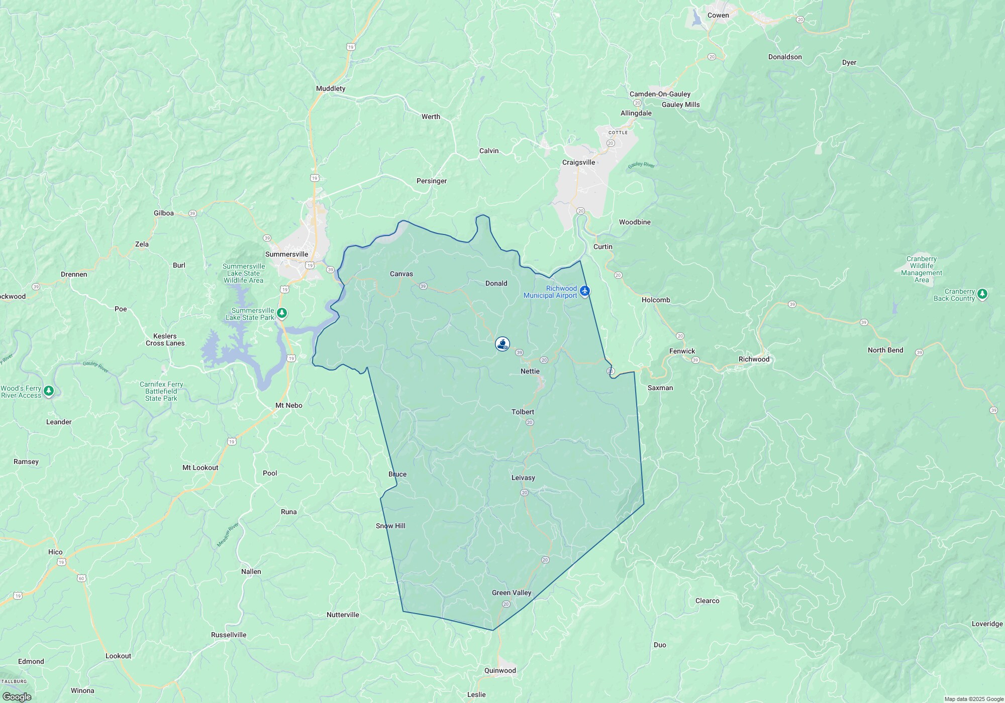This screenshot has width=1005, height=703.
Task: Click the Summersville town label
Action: tap(286, 254)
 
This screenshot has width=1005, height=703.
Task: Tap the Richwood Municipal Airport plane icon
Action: tap(584, 291)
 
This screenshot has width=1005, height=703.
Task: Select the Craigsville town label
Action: tap(578, 162)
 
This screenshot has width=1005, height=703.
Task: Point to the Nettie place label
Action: tap(530, 371)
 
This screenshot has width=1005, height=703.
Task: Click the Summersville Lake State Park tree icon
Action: tap(282, 313)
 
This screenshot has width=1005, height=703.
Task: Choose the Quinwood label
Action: tap(500, 670)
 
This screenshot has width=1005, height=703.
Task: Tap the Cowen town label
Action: tap(718, 15)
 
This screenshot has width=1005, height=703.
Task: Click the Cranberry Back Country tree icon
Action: tap(983, 294)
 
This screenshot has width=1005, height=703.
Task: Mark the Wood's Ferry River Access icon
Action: tap(49, 391)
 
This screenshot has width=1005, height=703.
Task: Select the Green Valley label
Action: tap(512, 593)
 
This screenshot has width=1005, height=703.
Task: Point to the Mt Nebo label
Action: tap(289, 405)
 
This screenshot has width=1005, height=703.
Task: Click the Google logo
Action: tap(17, 696)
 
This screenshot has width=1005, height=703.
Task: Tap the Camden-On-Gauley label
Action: tap(660, 94)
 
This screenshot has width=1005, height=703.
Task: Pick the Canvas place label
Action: tap(401, 274)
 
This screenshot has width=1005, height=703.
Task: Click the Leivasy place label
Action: tap(523, 478)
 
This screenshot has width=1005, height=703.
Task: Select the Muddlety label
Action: tap(331, 88)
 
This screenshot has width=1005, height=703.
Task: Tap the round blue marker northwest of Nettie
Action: tap(502, 344)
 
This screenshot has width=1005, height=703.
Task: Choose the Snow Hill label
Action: tap(390, 526)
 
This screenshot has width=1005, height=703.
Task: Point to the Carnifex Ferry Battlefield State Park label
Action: tap(161, 391)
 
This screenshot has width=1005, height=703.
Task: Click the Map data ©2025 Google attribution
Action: tap(973, 699)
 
